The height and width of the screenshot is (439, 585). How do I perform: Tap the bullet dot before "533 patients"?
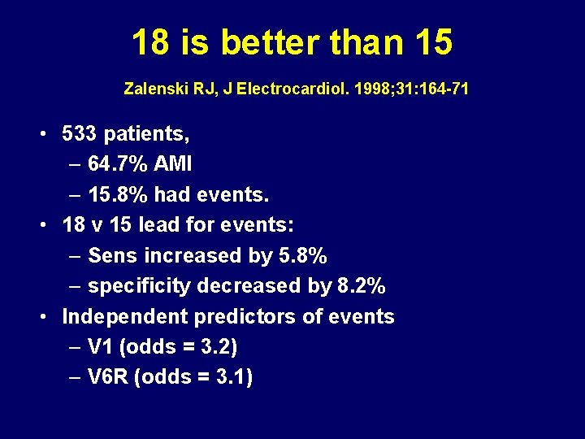(45, 133)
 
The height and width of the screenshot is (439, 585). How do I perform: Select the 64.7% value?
(117, 164)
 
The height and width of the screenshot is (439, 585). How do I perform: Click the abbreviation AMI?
(173, 164)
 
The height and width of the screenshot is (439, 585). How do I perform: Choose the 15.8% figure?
(117, 195)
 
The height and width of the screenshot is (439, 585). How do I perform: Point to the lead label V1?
(100, 347)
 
